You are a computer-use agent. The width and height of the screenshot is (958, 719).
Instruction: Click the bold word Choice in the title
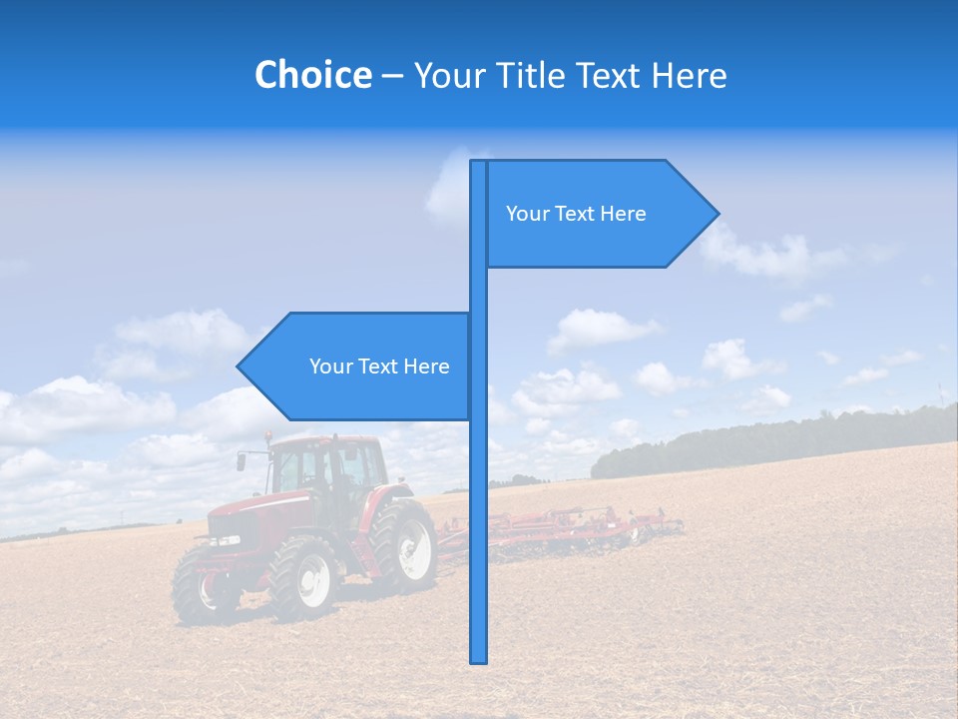coord(312,75)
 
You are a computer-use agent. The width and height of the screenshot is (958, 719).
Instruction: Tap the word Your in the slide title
coord(450,75)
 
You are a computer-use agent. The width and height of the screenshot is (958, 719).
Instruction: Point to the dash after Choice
coord(392,76)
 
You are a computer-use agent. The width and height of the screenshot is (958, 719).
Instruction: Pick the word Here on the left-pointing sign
coord(426,366)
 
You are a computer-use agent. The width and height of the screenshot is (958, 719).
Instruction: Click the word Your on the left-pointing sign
coord(330,366)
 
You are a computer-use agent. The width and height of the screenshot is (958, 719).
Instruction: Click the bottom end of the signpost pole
coord(479,659)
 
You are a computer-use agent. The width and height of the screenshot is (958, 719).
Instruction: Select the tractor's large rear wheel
coord(403,545)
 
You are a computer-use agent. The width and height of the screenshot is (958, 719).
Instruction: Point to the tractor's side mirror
coord(241,461)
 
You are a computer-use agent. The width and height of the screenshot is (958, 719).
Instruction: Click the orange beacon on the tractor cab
coord(268,436)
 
